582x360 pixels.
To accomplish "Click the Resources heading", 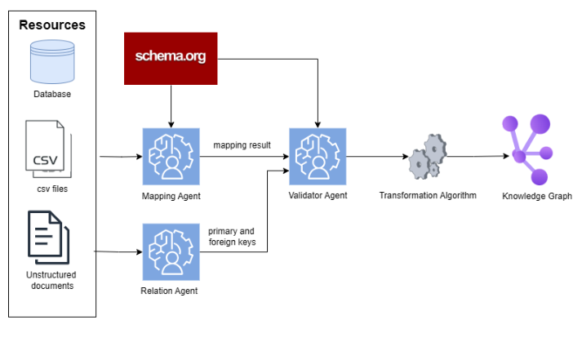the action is pos(52,24).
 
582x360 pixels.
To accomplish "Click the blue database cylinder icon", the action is pos(52,62).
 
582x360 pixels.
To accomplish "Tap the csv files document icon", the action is pos(48,149).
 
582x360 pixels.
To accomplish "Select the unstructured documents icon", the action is pos(49,238).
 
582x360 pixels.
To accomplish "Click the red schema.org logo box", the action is pos(171,59).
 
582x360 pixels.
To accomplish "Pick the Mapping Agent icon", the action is pos(171,157).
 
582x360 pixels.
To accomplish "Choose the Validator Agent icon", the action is pos(318,157).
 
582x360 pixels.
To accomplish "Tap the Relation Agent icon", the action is pos(171,252).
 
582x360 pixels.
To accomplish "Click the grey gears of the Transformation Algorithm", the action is pos(428,157).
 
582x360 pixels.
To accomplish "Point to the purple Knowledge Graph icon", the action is pos(527,149).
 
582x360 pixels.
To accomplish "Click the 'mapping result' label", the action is pos(242,145).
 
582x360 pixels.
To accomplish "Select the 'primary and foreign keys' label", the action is pos(232,237).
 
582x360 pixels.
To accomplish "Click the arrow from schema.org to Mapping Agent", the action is pos(171,106).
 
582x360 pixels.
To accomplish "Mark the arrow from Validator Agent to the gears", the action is pos(377,157).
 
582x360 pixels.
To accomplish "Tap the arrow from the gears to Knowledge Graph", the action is pos(478,156).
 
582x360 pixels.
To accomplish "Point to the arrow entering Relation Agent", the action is pos(118,251).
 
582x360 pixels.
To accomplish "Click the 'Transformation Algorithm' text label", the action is pos(428,196).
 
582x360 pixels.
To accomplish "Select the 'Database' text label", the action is pos(52,94).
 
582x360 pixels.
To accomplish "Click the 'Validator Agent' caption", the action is pos(318,196).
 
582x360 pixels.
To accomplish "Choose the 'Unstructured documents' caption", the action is pos(51,280).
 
